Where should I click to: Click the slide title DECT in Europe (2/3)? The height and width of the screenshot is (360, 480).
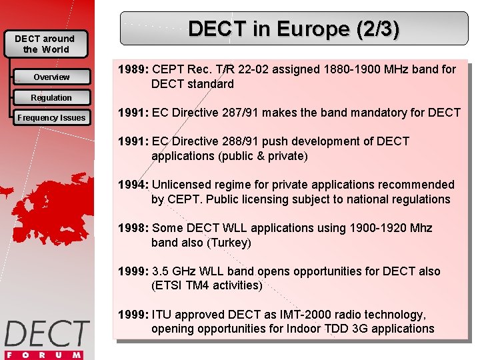[x=294, y=29]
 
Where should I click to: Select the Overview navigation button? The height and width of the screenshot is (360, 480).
[x=51, y=77]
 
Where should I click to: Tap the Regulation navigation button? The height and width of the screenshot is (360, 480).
[x=51, y=98]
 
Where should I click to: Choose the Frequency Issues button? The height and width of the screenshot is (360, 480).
[x=51, y=118]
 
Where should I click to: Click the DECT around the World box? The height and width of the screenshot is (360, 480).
[x=45, y=44]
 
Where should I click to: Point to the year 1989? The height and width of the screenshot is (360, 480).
[x=133, y=69]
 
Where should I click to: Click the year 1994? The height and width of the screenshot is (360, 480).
[x=133, y=185]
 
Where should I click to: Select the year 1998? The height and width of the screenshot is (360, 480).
[x=133, y=228]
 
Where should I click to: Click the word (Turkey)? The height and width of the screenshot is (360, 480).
[x=229, y=243]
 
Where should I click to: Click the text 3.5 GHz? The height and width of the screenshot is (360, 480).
[x=174, y=271]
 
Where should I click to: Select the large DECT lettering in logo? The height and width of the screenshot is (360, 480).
[x=47, y=334]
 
